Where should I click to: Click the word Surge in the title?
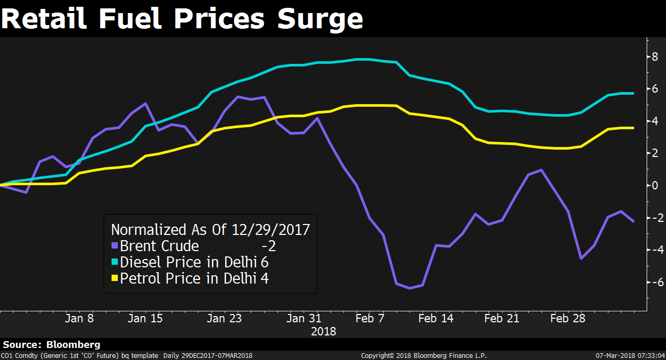[x=319, y=19]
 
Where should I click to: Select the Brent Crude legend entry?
[x=159, y=246]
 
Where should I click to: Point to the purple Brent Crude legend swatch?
[x=115, y=246]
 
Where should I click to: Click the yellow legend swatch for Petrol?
[x=115, y=278]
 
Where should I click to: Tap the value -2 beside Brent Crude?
[x=268, y=246]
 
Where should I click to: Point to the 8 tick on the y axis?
[x=654, y=57]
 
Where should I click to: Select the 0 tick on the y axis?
[x=654, y=185]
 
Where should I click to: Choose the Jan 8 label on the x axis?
[x=80, y=318]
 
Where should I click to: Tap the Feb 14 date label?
[x=436, y=318]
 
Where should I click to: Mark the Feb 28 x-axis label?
[x=568, y=318]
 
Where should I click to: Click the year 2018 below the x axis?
[x=324, y=331]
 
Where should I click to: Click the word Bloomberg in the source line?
[x=73, y=345]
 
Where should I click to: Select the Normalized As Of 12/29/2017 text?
[x=210, y=230]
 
